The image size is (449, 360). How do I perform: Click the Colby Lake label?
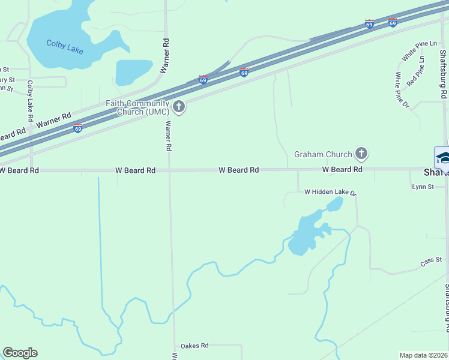point(64,46)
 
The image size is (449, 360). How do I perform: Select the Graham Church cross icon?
point(361,154)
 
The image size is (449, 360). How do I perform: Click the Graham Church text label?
point(322,154)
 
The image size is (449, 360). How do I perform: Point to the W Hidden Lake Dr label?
point(330,193)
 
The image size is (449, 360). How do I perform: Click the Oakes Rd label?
point(194,346)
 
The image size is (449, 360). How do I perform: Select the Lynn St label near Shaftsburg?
point(423,187)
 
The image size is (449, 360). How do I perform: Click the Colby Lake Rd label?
point(29,98)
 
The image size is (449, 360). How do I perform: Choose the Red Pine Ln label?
point(416,70)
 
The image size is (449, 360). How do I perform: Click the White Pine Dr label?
point(401,90)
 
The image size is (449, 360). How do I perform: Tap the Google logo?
point(20,353)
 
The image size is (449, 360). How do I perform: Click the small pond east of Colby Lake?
point(133,72)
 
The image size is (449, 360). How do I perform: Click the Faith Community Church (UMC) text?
point(137,107)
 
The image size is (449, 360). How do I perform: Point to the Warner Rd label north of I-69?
point(164,55)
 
